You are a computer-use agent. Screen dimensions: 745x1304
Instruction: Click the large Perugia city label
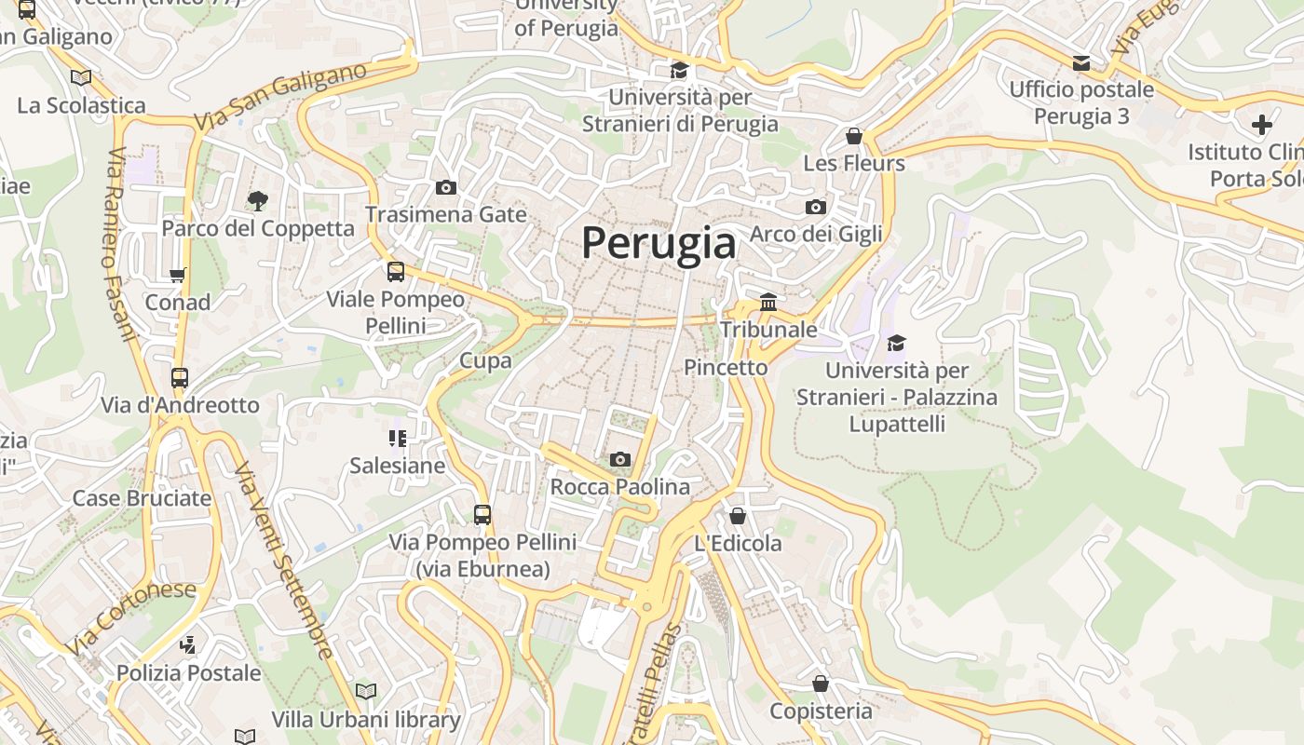(659, 243)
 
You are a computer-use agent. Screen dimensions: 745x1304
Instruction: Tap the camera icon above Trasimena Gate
(446, 187)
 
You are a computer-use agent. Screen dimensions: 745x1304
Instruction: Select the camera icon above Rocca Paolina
(619, 459)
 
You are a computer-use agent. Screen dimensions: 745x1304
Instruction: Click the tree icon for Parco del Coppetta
(257, 200)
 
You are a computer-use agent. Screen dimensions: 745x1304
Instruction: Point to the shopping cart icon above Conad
(178, 275)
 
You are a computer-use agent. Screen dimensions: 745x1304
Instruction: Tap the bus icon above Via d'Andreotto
(180, 378)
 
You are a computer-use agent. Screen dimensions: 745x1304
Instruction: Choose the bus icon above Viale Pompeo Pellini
(396, 272)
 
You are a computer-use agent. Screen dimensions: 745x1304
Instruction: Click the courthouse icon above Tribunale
(768, 302)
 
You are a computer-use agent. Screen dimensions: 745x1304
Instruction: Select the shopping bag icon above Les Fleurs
(853, 136)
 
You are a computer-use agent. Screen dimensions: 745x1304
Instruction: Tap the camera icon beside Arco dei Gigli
(816, 207)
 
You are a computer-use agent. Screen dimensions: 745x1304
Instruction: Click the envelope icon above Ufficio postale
(1081, 63)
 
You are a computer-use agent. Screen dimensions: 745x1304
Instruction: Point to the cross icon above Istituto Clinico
(1262, 124)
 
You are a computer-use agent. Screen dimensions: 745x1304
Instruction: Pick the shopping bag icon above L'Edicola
(738, 515)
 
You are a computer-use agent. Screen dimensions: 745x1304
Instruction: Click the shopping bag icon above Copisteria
(821, 684)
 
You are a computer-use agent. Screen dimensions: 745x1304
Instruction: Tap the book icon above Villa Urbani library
(366, 691)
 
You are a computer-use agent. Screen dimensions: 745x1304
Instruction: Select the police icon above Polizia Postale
(188, 644)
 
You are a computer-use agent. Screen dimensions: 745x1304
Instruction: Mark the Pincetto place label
(726, 368)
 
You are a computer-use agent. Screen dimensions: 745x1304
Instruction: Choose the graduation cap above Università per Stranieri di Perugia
(679, 70)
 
